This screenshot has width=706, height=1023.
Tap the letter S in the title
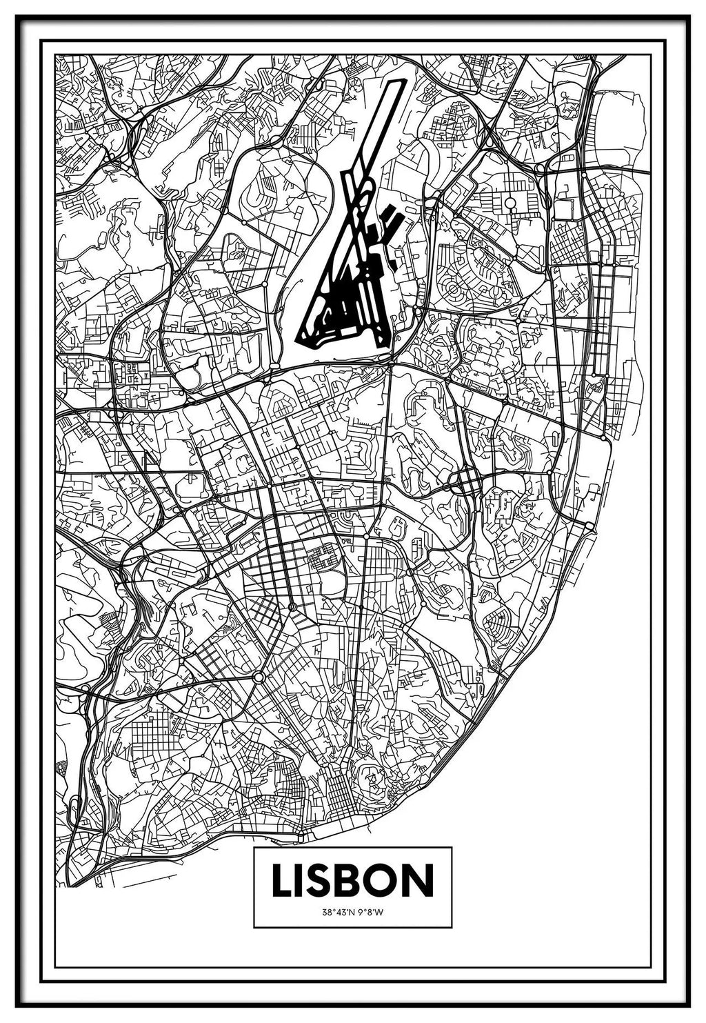(319, 880)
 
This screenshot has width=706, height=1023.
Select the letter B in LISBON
(351, 880)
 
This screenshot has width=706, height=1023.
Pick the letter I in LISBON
(301, 880)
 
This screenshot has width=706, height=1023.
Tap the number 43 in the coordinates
(340, 912)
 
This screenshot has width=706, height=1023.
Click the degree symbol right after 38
(332, 911)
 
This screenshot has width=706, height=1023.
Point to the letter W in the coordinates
(380, 912)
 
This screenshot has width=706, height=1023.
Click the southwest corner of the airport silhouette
(299, 339)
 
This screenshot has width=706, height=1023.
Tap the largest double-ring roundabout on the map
(259, 677)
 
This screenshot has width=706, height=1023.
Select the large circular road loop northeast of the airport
(511, 203)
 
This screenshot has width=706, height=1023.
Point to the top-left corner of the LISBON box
(254, 848)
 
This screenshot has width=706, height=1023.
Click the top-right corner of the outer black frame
(689, 16)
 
